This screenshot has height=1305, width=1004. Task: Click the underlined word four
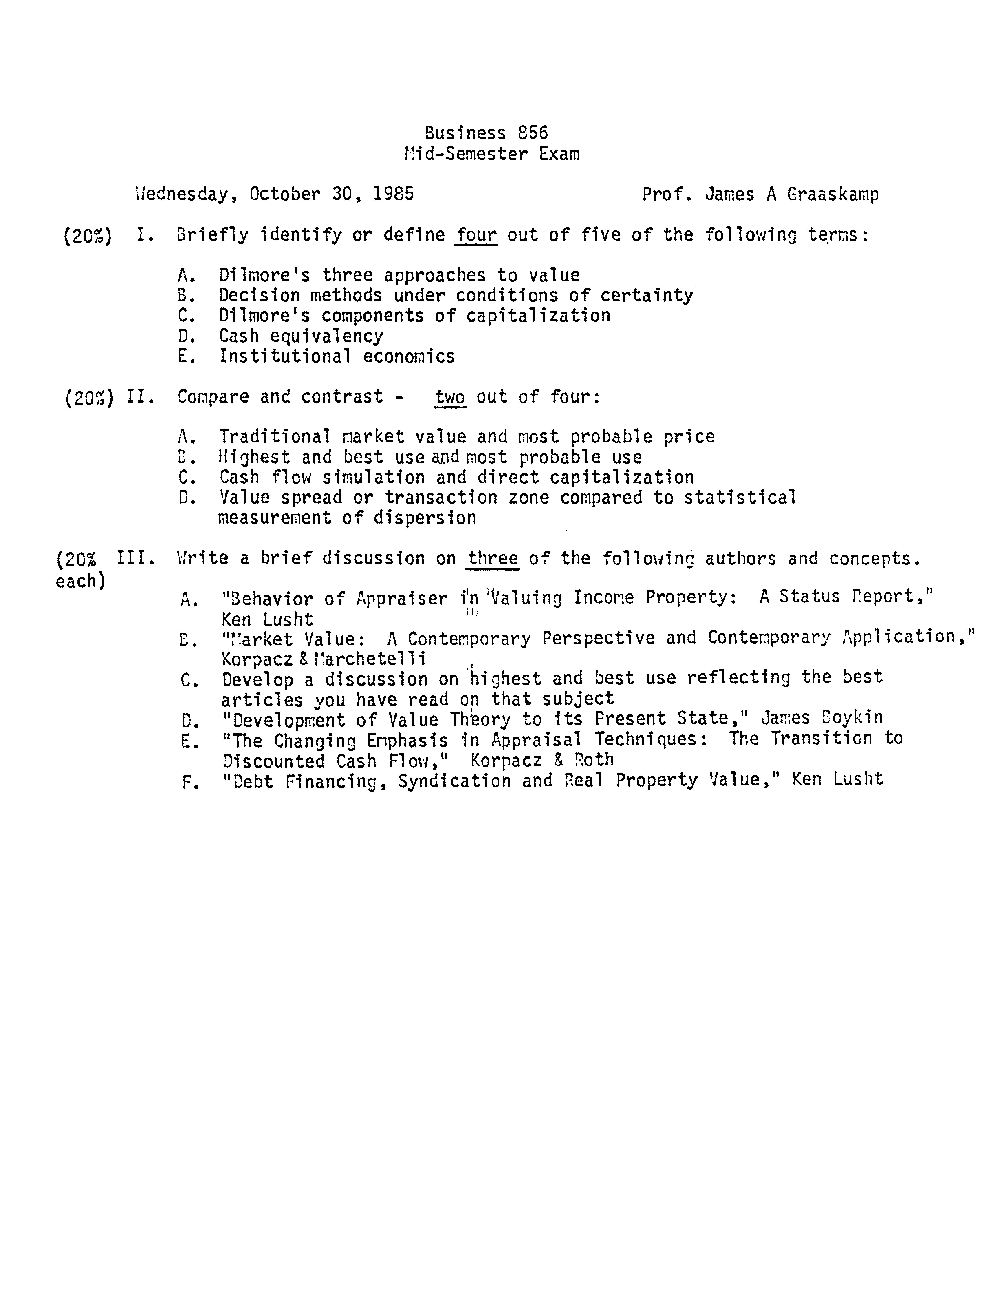point(476,235)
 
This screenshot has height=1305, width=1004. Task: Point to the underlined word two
point(450,397)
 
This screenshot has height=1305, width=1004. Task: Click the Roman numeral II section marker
point(141,397)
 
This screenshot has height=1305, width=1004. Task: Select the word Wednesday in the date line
point(182,194)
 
